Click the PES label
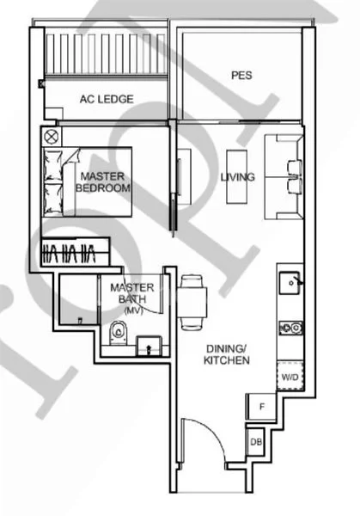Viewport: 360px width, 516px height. pyautogui.click(x=241, y=75)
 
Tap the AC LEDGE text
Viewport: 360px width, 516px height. pyautogui.click(x=107, y=100)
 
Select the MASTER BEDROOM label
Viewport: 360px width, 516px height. pyautogui.click(x=103, y=181)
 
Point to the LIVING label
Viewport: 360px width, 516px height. pyautogui.click(x=238, y=177)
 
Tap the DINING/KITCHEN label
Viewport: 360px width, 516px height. pyautogui.click(x=227, y=354)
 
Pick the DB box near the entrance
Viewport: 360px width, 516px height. pyautogui.click(x=256, y=442)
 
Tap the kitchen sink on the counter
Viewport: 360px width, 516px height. pyautogui.click(x=290, y=283)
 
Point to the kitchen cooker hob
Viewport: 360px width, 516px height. pyautogui.click(x=290, y=328)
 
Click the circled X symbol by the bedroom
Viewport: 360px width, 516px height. pyautogui.click(x=50, y=136)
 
